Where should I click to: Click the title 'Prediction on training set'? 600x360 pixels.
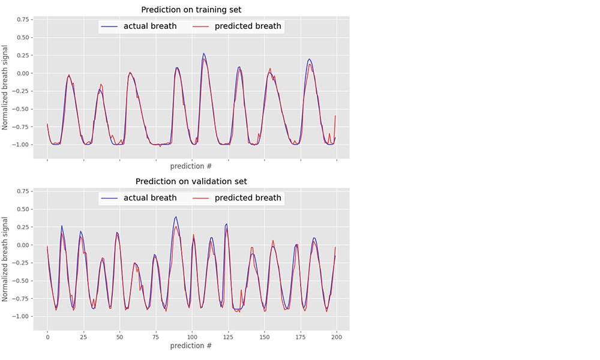[191, 10]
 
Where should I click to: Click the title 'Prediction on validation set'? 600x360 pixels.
[191, 181]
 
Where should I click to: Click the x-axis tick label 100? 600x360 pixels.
[192, 338]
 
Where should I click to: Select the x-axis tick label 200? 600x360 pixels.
[337, 338]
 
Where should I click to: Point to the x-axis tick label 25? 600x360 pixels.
[83, 338]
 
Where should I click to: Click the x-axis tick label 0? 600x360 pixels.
[47, 338]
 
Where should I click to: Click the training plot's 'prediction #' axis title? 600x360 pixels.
[191, 166]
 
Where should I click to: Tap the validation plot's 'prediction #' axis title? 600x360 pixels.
[191, 346]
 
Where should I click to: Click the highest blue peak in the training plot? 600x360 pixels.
[203, 53]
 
